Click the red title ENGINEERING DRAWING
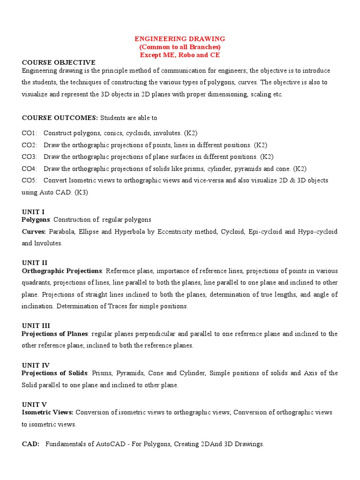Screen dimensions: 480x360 pyautogui.click(x=180, y=39)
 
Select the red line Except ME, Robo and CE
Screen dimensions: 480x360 pyautogui.click(x=180, y=55)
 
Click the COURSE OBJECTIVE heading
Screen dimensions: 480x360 pyautogui.click(x=59, y=62)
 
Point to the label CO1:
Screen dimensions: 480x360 pyautogui.click(x=30, y=133)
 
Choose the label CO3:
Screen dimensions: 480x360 pyautogui.click(x=30, y=157)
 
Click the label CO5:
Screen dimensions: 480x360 pyautogui.click(x=30, y=180)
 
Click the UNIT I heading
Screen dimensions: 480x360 pyautogui.click(x=33, y=212)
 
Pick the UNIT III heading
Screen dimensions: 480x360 pyautogui.click(x=36, y=325)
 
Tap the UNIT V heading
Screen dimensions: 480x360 pyautogui.click(x=34, y=404)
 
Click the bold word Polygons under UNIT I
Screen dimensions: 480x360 pyautogui.click(x=36, y=219)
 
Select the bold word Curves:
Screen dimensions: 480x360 pyautogui.click(x=34, y=232)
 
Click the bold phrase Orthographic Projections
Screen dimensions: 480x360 pyautogui.click(x=62, y=271)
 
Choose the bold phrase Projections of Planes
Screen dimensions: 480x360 pyautogui.click(x=55, y=334)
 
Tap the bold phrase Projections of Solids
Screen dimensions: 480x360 pyautogui.click(x=54, y=373)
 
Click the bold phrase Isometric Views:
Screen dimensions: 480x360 pyautogui.click(x=47, y=412)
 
